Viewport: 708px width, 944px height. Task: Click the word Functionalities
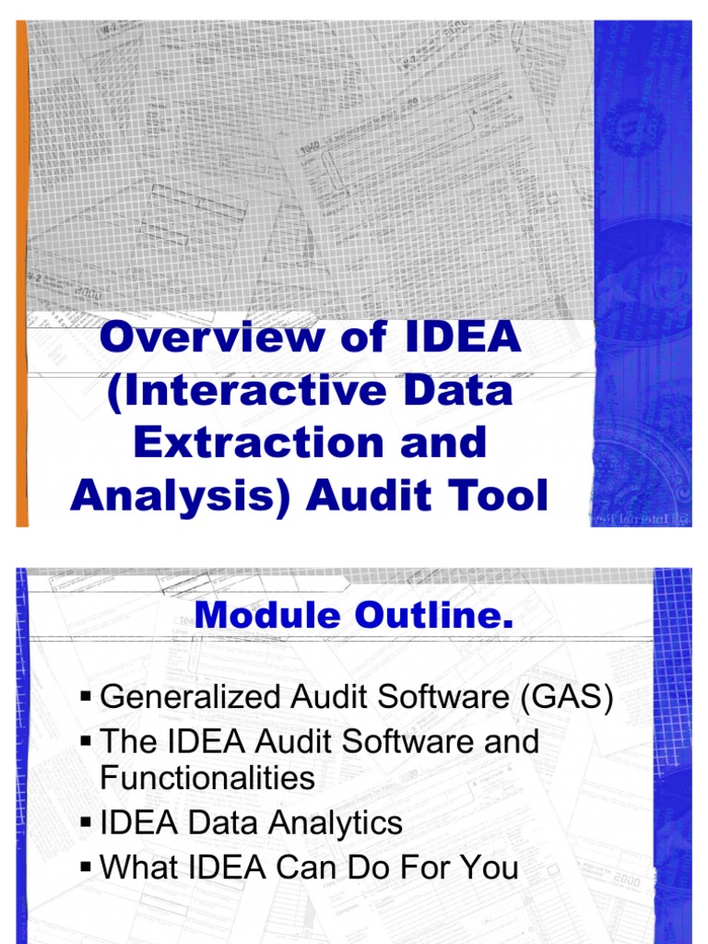click(207, 778)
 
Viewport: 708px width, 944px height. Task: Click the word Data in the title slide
click(459, 390)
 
